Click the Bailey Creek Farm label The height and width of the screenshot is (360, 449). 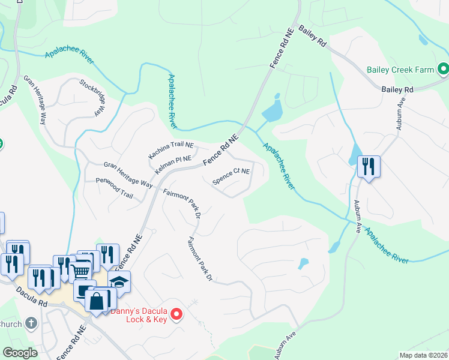tap(400, 70)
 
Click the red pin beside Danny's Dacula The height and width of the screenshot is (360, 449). tap(176, 314)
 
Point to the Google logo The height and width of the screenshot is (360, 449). tap(20, 353)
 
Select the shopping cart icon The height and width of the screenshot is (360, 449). tap(80, 272)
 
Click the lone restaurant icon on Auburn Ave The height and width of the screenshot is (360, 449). tap(369, 166)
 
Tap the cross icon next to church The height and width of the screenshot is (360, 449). tap(32, 324)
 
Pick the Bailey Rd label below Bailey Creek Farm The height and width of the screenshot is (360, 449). tap(397, 89)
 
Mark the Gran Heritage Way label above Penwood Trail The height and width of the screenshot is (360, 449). tap(128, 173)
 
